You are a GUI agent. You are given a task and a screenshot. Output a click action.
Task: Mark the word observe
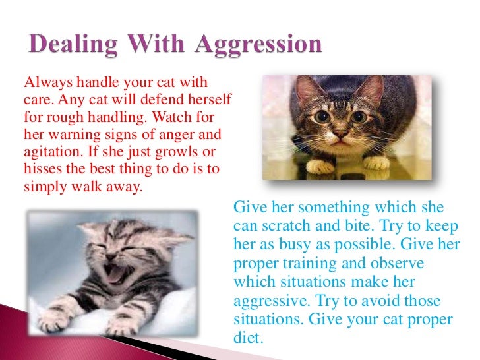(x=401, y=264)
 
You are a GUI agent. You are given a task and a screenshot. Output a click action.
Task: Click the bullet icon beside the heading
(x=12, y=47)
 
